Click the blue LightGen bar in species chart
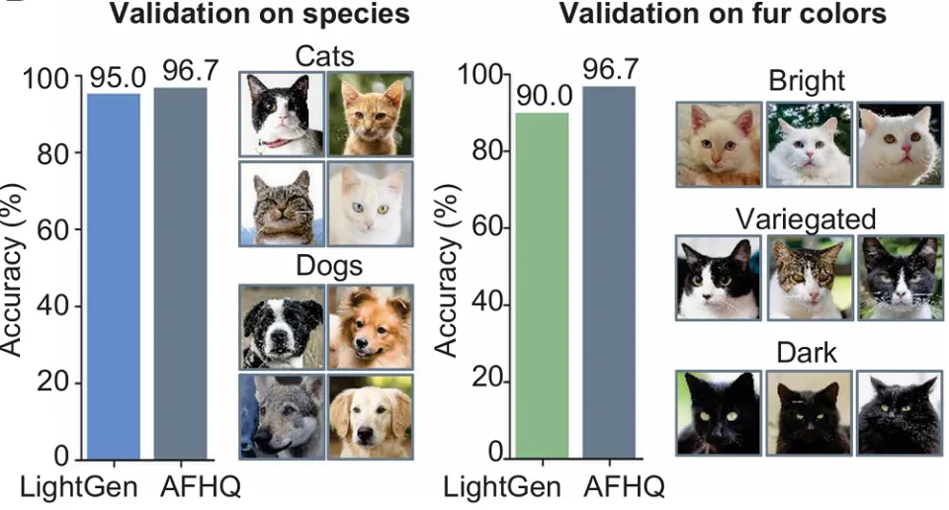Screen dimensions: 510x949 coord(113,277)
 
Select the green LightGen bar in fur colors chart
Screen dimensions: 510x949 coord(543,287)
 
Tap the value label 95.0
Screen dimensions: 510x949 coord(113,77)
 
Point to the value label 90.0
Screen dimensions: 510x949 coord(543,96)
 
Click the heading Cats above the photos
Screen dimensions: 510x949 coord(325,55)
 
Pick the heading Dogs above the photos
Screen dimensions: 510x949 coord(325,267)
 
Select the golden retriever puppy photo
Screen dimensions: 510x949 coord(370,416)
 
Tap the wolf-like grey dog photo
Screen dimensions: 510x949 coord(281,416)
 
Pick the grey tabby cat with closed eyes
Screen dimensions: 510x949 coord(281,204)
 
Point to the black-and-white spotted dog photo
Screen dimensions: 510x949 coord(281,327)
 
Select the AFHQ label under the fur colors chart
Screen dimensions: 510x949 coord(624,487)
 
